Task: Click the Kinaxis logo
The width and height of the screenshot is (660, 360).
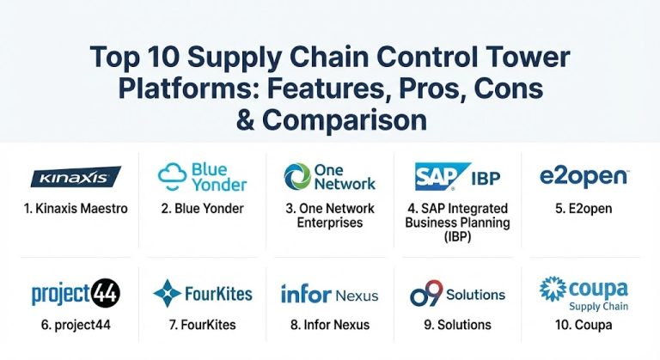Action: (76, 178)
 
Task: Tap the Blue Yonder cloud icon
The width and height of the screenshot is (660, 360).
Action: (173, 175)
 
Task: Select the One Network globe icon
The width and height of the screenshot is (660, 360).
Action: (297, 176)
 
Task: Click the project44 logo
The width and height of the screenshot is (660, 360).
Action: (75, 294)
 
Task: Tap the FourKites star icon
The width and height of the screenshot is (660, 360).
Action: (167, 294)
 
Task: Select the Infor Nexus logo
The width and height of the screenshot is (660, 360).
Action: (329, 294)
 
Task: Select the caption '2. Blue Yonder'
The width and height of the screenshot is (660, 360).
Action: (203, 209)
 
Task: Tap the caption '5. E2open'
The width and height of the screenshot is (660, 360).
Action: (584, 209)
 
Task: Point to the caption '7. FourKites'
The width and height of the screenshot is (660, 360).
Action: (202, 325)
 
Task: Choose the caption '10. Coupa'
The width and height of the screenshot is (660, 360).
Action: (584, 325)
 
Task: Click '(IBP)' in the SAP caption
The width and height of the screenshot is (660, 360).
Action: (456, 235)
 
